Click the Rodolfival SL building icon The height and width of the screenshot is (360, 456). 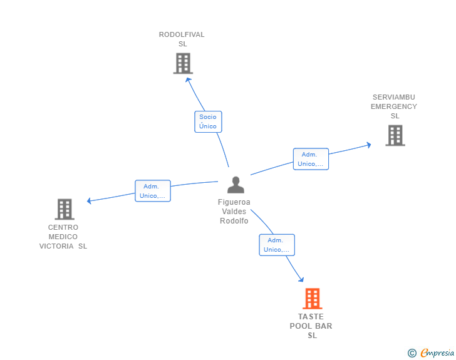click(x=183, y=63)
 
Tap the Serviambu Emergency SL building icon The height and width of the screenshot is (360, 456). click(x=395, y=135)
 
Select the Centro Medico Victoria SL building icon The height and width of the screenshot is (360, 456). click(x=65, y=209)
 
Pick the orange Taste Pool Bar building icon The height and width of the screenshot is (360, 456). click(x=312, y=299)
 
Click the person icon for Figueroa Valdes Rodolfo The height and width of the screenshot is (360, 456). click(x=236, y=185)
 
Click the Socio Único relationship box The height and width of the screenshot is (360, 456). click(x=208, y=121)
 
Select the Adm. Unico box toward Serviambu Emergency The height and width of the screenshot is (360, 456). click(x=311, y=159)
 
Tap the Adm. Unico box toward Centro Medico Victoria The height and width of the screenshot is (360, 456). click(x=153, y=191)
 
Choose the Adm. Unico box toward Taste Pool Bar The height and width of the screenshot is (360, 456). click(x=277, y=245)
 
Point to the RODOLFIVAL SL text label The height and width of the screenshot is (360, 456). click(x=182, y=39)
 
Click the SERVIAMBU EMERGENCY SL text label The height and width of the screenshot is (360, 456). click(x=394, y=106)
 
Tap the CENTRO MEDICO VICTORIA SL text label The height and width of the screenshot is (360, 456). click(x=63, y=237)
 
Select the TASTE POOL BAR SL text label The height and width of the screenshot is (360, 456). click(x=311, y=326)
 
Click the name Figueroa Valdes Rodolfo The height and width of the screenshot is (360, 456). click(x=234, y=212)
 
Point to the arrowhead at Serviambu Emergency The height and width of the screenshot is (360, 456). click(x=369, y=145)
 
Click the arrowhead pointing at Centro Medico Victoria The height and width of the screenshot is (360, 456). click(x=89, y=201)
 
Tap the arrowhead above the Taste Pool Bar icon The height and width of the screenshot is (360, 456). click(x=301, y=280)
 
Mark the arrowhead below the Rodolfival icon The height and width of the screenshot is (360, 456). click(x=187, y=79)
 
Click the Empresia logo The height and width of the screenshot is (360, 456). click(x=437, y=353)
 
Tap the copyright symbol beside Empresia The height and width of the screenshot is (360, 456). click(x=412, y=353)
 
